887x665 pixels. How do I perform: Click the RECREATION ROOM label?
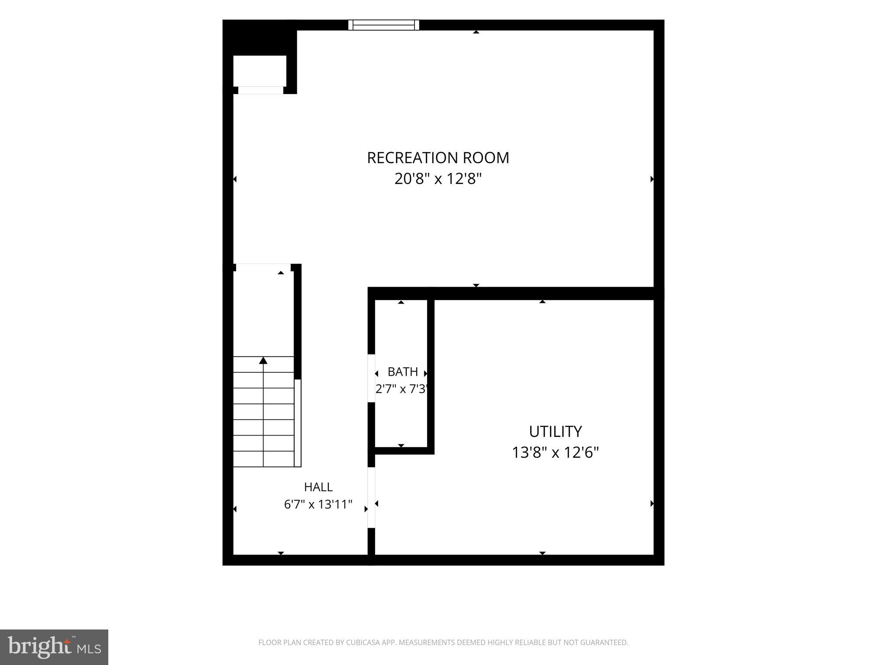438,158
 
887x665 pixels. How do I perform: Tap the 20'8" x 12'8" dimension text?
438,178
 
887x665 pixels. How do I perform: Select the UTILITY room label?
555,432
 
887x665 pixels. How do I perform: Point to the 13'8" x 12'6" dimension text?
555,452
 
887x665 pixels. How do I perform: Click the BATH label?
403,372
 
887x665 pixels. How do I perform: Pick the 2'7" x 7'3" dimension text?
402,389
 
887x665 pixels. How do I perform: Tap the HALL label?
318,487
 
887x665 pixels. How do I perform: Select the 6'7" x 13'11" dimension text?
318,504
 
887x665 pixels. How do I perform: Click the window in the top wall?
384,25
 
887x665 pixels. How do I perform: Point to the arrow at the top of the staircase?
263,360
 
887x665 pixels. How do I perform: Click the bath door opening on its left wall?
371,378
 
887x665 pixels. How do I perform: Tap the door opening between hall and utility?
371,498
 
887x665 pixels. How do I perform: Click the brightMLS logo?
54,647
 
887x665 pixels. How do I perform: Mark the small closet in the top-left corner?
260,71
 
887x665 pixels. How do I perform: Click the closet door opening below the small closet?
261,90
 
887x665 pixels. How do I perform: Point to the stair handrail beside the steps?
298,423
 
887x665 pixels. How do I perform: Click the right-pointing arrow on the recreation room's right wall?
652,179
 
